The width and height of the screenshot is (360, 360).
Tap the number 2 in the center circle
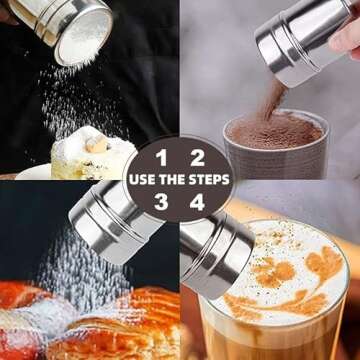coord(198,157)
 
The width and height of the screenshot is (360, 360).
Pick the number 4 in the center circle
coord(198,202)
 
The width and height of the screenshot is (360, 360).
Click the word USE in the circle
coord(143,180)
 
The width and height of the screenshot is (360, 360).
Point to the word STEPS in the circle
coord(207,180)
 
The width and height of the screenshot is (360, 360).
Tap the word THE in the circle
coord(172,180)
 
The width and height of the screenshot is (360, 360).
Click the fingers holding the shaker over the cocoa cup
coord(345,35)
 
